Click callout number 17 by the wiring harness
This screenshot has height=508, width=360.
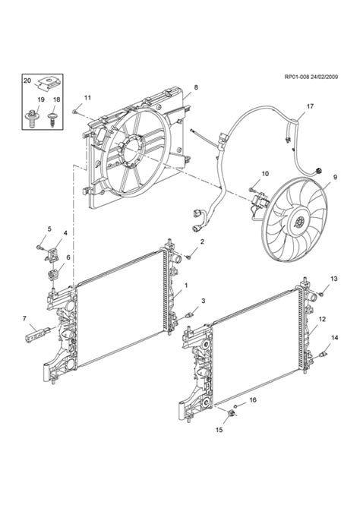[x=310, y=106]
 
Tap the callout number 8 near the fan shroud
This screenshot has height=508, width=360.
[x=196, y=87]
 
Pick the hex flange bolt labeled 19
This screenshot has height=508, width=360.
[x=32, y=118]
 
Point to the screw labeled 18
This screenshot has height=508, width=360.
[x=52, y=119]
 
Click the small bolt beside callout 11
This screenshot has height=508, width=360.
[x=74, y=112]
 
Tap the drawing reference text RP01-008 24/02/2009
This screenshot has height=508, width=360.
[x=311, y=77]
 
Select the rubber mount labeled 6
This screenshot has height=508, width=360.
[x=53, y=276]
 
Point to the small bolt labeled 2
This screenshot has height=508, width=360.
[x=188, y=257]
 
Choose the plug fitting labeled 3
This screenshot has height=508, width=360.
[x=188, y=315]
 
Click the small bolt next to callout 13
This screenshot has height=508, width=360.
[x=321, y=294]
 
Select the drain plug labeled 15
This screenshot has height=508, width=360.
[x=232, y=413]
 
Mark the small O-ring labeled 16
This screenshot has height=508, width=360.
[x=236, y=406]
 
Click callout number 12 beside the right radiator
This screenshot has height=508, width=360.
[x=322, y=319]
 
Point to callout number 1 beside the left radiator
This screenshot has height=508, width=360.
[x=186, y=286]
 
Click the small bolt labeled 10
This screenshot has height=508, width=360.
[x=251, y=189]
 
